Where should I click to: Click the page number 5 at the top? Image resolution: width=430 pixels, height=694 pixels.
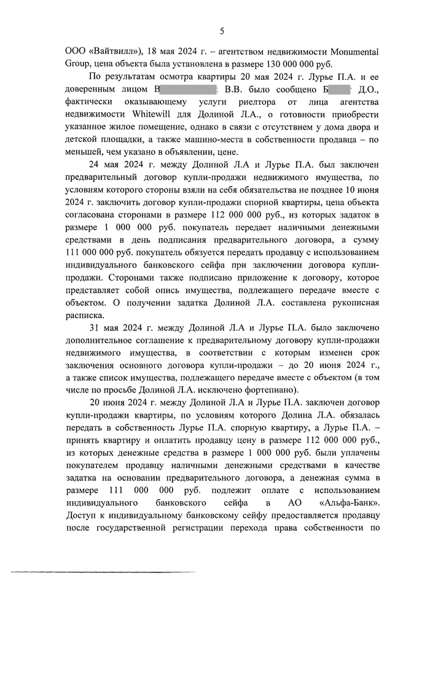[x=222, y=32]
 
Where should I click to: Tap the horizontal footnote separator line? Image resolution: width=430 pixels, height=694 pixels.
[x=103, y=573]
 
